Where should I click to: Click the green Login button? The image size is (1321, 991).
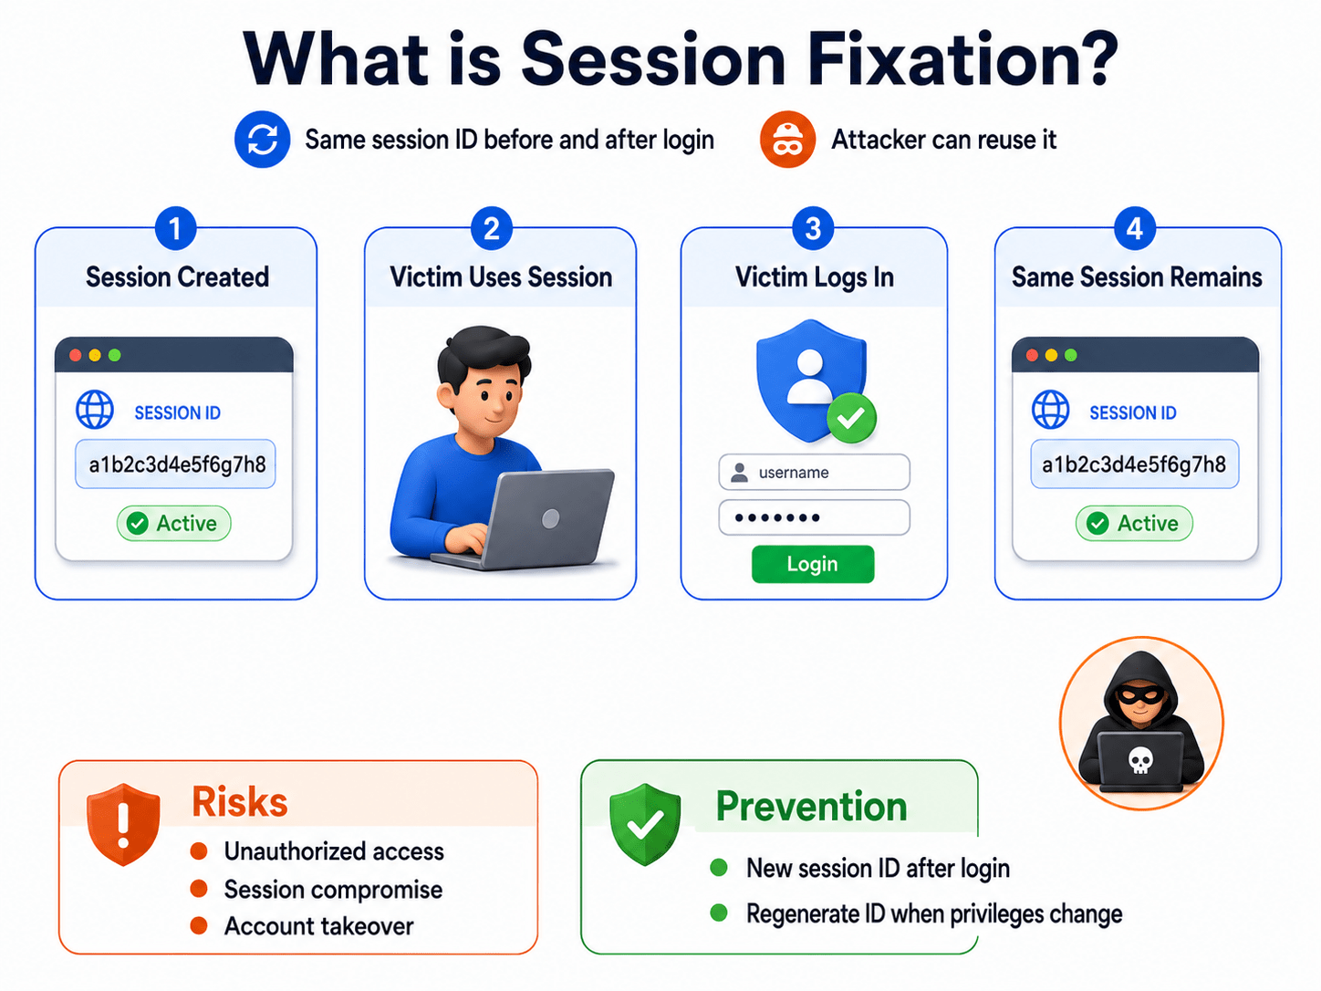pyautogui.click(x=813, y=564)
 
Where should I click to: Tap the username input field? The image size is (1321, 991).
pyautogui.click(x=814, y=473)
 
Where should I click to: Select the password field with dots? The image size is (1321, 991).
pyautogui.click(x=814, y=517)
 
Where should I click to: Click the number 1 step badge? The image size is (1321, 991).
pyautogui.click(x=175, y=229)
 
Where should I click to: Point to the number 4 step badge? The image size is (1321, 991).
pyautogui.click(x=1135, y=229)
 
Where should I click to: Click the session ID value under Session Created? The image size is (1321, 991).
pyautogui.click(x=176, y=464)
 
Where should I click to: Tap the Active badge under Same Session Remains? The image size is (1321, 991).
pyautogui.click(x=1134, y=524)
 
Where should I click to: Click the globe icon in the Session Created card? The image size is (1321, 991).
pyautogui.click(x=95, y=410)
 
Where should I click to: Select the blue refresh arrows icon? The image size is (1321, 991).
pyautogui.click(x=263, y=139)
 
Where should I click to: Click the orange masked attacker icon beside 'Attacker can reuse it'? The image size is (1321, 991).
pyautogui.click(x=787, y=139)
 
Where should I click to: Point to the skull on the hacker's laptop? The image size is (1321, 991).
pyautogui.click(x=1139, y=760)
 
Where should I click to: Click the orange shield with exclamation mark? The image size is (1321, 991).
pyautogui.click(x=123, y=824)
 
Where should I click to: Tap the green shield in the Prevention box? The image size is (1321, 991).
pyautogui.click(x=645, y=824)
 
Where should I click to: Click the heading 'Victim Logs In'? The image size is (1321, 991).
pyautogui.click(x=815, y=277)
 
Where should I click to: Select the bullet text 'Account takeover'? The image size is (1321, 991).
pyautogui.click(x=319, y=926)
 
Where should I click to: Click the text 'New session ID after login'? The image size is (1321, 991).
pyautogui.click(x=878, y=868)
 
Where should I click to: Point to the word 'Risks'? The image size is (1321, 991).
pyautogui.click(x=240, y=802)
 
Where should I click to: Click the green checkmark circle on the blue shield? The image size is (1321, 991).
pyautogui.click(x=851, y=418)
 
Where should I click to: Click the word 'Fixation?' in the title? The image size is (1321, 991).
pyautogui.click(x=962, y=60)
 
